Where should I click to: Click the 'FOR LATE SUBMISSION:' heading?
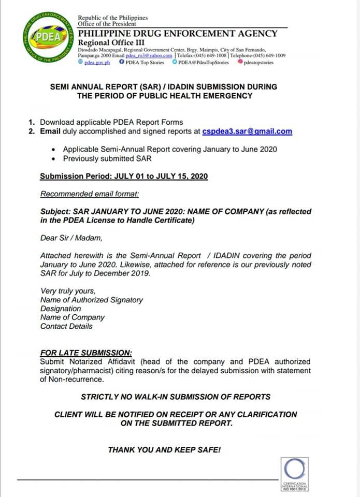(86, 353)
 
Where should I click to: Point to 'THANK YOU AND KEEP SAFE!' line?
(164, 450)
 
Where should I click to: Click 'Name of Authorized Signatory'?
(92, 300)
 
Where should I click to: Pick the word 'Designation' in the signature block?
(61, 309)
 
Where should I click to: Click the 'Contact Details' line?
(66, 326)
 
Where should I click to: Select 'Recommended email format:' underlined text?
(90, 194)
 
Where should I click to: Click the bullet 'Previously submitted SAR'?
(107, 158)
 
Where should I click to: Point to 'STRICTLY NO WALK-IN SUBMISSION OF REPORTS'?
(176, 397)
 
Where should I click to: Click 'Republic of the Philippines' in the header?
(113, 18)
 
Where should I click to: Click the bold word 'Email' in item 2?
(51, 131)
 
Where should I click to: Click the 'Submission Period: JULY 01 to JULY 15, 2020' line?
(124, 177)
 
